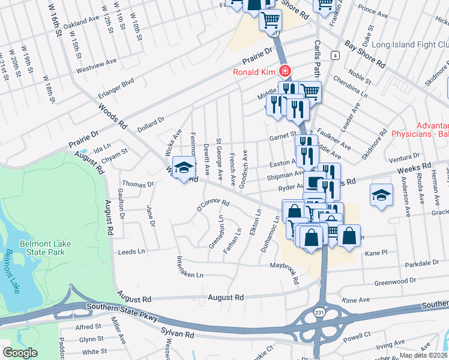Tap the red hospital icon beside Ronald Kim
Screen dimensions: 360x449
(x=285, y=73)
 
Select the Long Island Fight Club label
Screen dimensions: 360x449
(x=409, y=45)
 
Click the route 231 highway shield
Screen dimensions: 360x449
(x=319, y=312)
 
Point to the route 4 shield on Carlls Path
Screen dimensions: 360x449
(x=334, y=55)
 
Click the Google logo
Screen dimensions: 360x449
(x=20, y=353)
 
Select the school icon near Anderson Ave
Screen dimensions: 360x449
(x=381, y=196)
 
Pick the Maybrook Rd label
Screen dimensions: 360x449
(x=285, y=267)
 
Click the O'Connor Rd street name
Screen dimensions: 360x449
(x=213, y=206)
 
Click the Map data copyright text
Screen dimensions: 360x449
(x=424, y=355)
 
